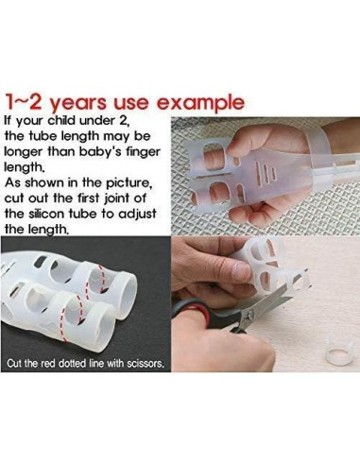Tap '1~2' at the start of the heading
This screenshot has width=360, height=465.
click(x=23, y=100)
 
